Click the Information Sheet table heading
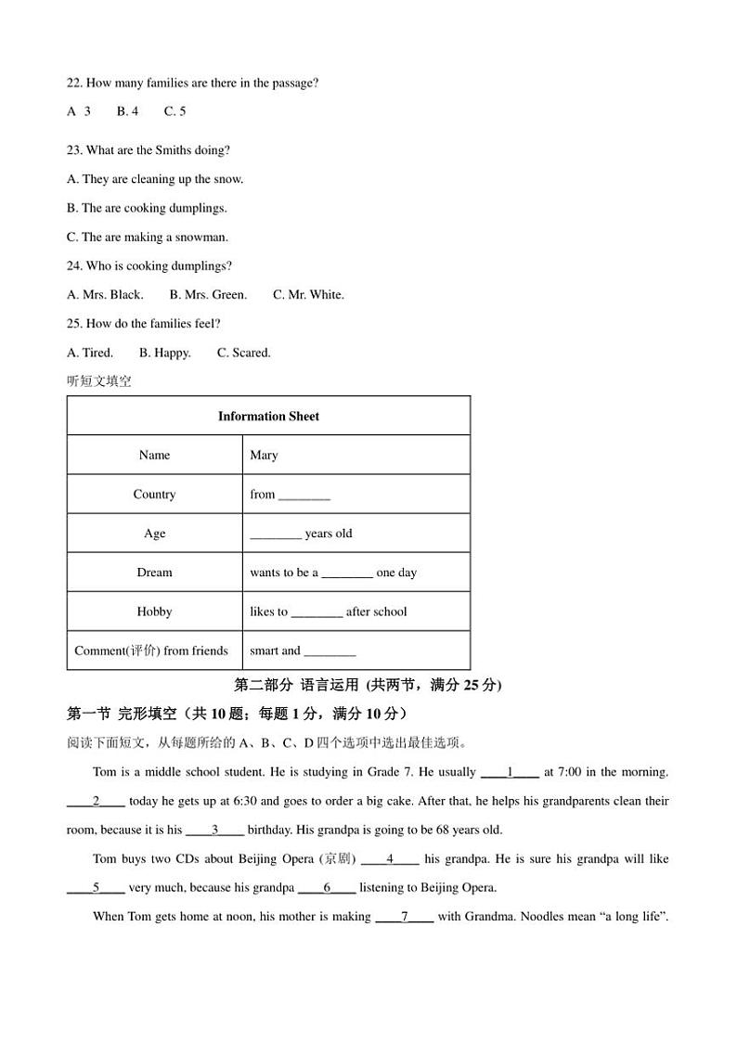268,417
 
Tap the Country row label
154,495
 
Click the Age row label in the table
154,534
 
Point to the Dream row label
154,573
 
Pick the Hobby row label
154,612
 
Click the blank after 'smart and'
330,652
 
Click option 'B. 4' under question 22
127,111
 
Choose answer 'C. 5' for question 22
175,111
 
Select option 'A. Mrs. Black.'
105,295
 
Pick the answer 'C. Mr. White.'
308,295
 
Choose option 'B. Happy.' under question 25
165,353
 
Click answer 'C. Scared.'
244,353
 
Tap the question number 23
74,150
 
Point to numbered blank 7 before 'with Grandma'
405,918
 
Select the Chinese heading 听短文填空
99,381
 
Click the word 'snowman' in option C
205,238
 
